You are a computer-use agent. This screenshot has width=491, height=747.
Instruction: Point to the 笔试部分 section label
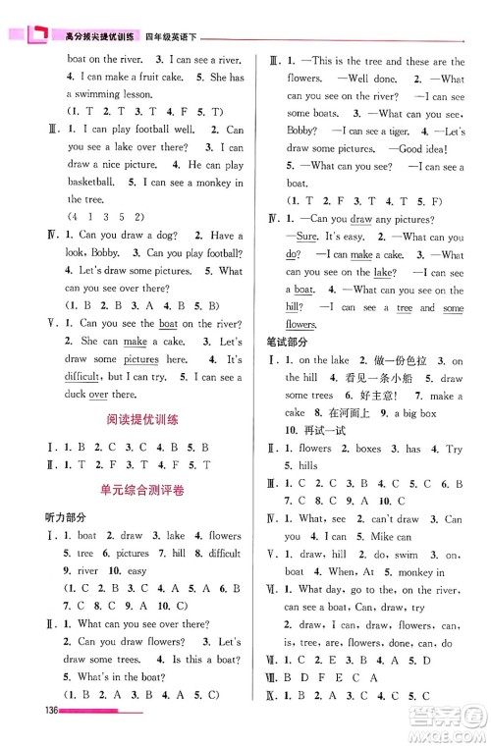[x=285, y=341]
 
